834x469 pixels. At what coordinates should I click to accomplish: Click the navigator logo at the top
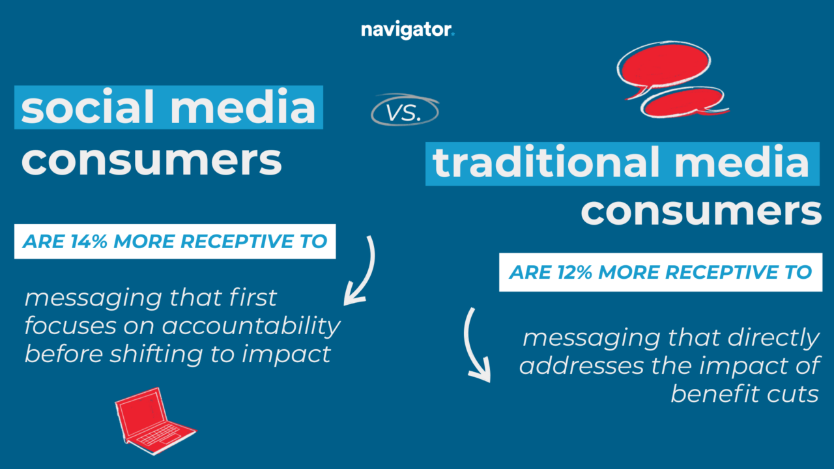[407, 31]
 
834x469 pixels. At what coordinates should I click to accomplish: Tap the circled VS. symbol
[405, 112]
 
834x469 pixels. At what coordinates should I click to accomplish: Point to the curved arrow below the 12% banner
[474, 345]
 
